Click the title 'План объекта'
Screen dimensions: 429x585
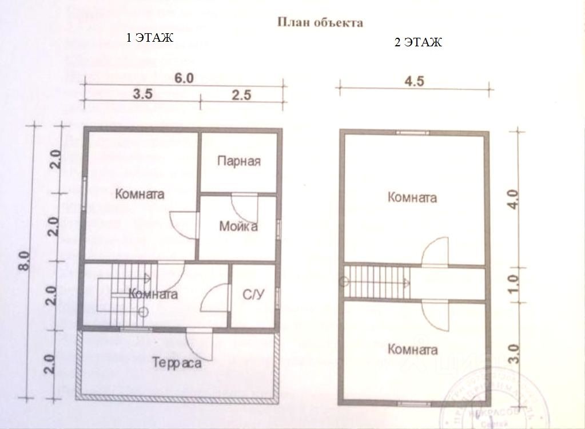pos(320,23)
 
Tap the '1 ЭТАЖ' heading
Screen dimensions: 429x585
pos(149,38)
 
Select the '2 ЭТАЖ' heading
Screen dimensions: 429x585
pos(419,43)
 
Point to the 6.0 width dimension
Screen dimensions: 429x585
pos(184,79)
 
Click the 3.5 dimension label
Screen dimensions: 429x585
pos(142,95)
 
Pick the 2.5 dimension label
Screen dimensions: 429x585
pos(241,95)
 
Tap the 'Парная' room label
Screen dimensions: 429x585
pos(239,161)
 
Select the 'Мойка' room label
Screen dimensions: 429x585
pos(238,227)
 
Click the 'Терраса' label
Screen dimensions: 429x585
pos(177,363)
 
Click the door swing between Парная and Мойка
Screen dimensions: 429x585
pos(245,202)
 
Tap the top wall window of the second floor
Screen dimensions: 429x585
pos(413,132)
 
